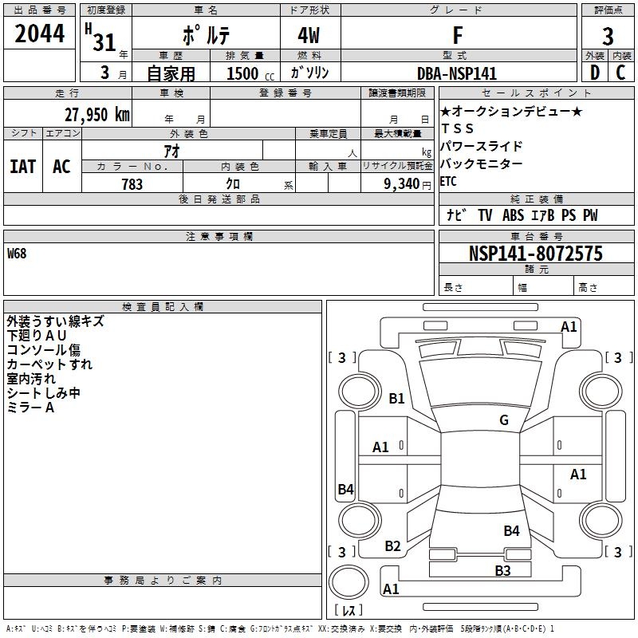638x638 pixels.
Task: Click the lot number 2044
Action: (39, 33)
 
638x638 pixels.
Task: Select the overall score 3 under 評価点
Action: (608, 37)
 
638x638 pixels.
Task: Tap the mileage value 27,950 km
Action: (96, 115)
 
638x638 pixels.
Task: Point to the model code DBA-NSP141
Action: (457, 73)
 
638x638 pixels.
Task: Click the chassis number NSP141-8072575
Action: (536, 254)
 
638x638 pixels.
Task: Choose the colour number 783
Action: (132, 184)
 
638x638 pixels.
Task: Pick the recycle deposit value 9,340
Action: (402, 184)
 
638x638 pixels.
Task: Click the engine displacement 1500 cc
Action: (250, 73)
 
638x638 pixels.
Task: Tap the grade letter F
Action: (458, 35)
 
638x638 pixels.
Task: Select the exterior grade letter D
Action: (595, 73)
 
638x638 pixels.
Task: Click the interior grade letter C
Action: (620, 73)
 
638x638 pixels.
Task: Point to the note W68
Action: (17, 254)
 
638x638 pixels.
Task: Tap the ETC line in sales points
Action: (448, 181)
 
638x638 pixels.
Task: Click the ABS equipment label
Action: (513, 215)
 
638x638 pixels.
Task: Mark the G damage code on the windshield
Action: (504, 419)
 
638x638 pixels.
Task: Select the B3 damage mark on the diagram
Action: (502, 570)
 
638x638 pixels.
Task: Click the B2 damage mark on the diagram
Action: (392, 545)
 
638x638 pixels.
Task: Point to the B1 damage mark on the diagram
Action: (396, 398)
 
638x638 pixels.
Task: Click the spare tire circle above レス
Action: (349, 582)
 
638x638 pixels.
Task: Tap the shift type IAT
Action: (23, 167)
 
